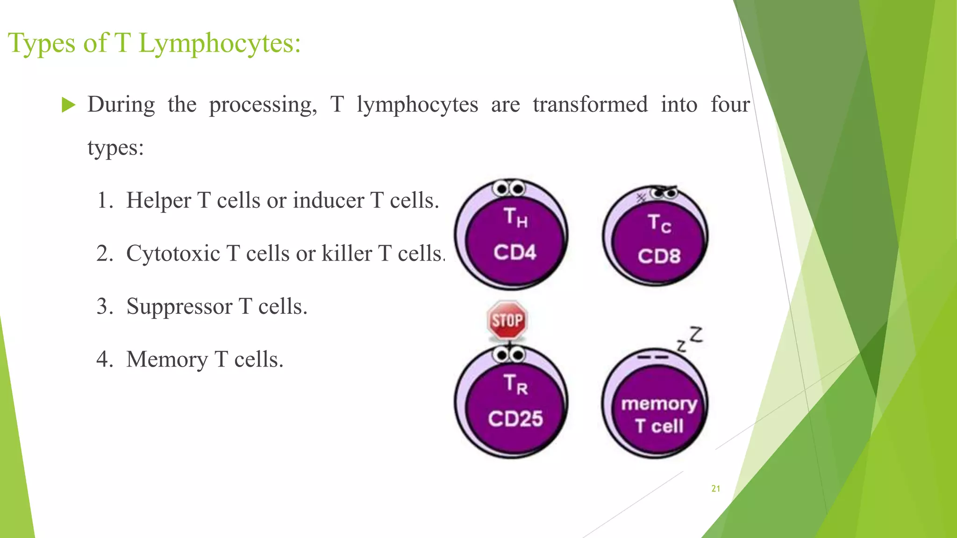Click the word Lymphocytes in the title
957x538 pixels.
click(219, 44)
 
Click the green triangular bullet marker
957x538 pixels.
click(68, 105)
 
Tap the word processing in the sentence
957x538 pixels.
click(263, 105)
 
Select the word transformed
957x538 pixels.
click(590, 104)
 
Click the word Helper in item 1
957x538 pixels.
click(158, 201)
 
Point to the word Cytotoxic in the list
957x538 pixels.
click(173, 254)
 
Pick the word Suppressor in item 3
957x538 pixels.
click(179, 307)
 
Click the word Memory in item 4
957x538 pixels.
click(167, 360)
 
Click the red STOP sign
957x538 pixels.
click(507, 320)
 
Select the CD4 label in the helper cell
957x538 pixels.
click(514, 253)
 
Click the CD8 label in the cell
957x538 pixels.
click(659, 256)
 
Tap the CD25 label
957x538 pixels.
click(515, 418)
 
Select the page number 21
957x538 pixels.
click(715, 488)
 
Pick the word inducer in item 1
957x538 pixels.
click(329, 201)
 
